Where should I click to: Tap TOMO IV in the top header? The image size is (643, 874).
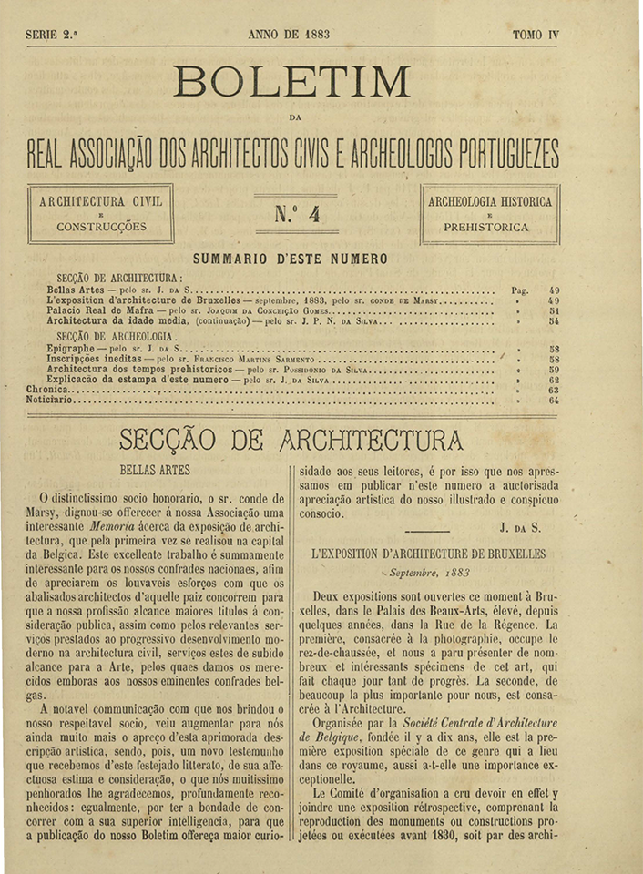coord(536,36)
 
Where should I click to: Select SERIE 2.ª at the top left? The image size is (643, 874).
coord(52,36)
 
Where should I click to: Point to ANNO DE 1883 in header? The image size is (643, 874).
coord(289,36)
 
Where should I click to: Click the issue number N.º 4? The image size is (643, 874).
coord(296,215)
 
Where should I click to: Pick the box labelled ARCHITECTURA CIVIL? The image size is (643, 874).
coord(101,214)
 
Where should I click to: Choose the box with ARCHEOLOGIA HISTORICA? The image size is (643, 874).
coord(490,214)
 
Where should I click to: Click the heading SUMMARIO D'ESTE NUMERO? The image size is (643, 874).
coord(291,259)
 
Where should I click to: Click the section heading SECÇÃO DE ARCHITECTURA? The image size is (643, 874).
coord(291,441)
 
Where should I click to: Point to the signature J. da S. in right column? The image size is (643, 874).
coord(517,527)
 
